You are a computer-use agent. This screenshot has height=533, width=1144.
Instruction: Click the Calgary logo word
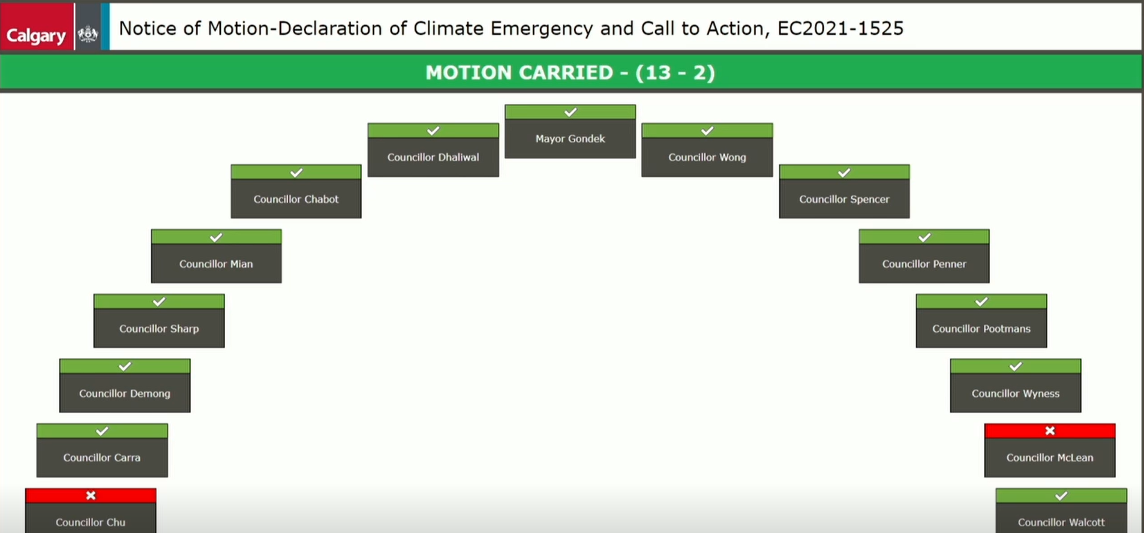[36, 36]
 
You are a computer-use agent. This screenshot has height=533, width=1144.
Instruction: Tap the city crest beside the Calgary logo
[88, 34]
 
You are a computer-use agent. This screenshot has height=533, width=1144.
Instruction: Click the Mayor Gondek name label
[570, 138]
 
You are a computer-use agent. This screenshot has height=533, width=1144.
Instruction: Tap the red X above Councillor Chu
[91, 495]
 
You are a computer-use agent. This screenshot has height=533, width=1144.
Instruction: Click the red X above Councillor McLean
[1050, 430]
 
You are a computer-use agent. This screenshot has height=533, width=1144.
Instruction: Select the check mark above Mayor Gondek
[571, 112]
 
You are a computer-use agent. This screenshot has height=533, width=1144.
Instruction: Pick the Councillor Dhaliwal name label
[433, 157]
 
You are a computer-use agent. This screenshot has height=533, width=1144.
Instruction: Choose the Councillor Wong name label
[707, 157]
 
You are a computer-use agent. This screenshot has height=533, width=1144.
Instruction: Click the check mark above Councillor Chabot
[296, 173]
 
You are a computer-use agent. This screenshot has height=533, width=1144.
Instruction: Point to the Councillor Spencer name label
[844, 199]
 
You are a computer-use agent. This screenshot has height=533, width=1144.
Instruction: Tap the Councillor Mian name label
[216, 264]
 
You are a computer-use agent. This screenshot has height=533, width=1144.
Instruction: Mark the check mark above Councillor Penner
[924, 237]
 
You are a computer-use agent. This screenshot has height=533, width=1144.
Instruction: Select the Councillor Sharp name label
[159, 329]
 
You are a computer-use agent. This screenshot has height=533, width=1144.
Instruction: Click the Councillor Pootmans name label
[981, 329]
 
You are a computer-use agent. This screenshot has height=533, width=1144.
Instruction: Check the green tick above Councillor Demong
[125, 366]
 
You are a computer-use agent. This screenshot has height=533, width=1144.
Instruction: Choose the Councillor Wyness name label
[1016, 393]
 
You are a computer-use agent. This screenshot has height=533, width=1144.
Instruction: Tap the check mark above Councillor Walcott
[1061, 496]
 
